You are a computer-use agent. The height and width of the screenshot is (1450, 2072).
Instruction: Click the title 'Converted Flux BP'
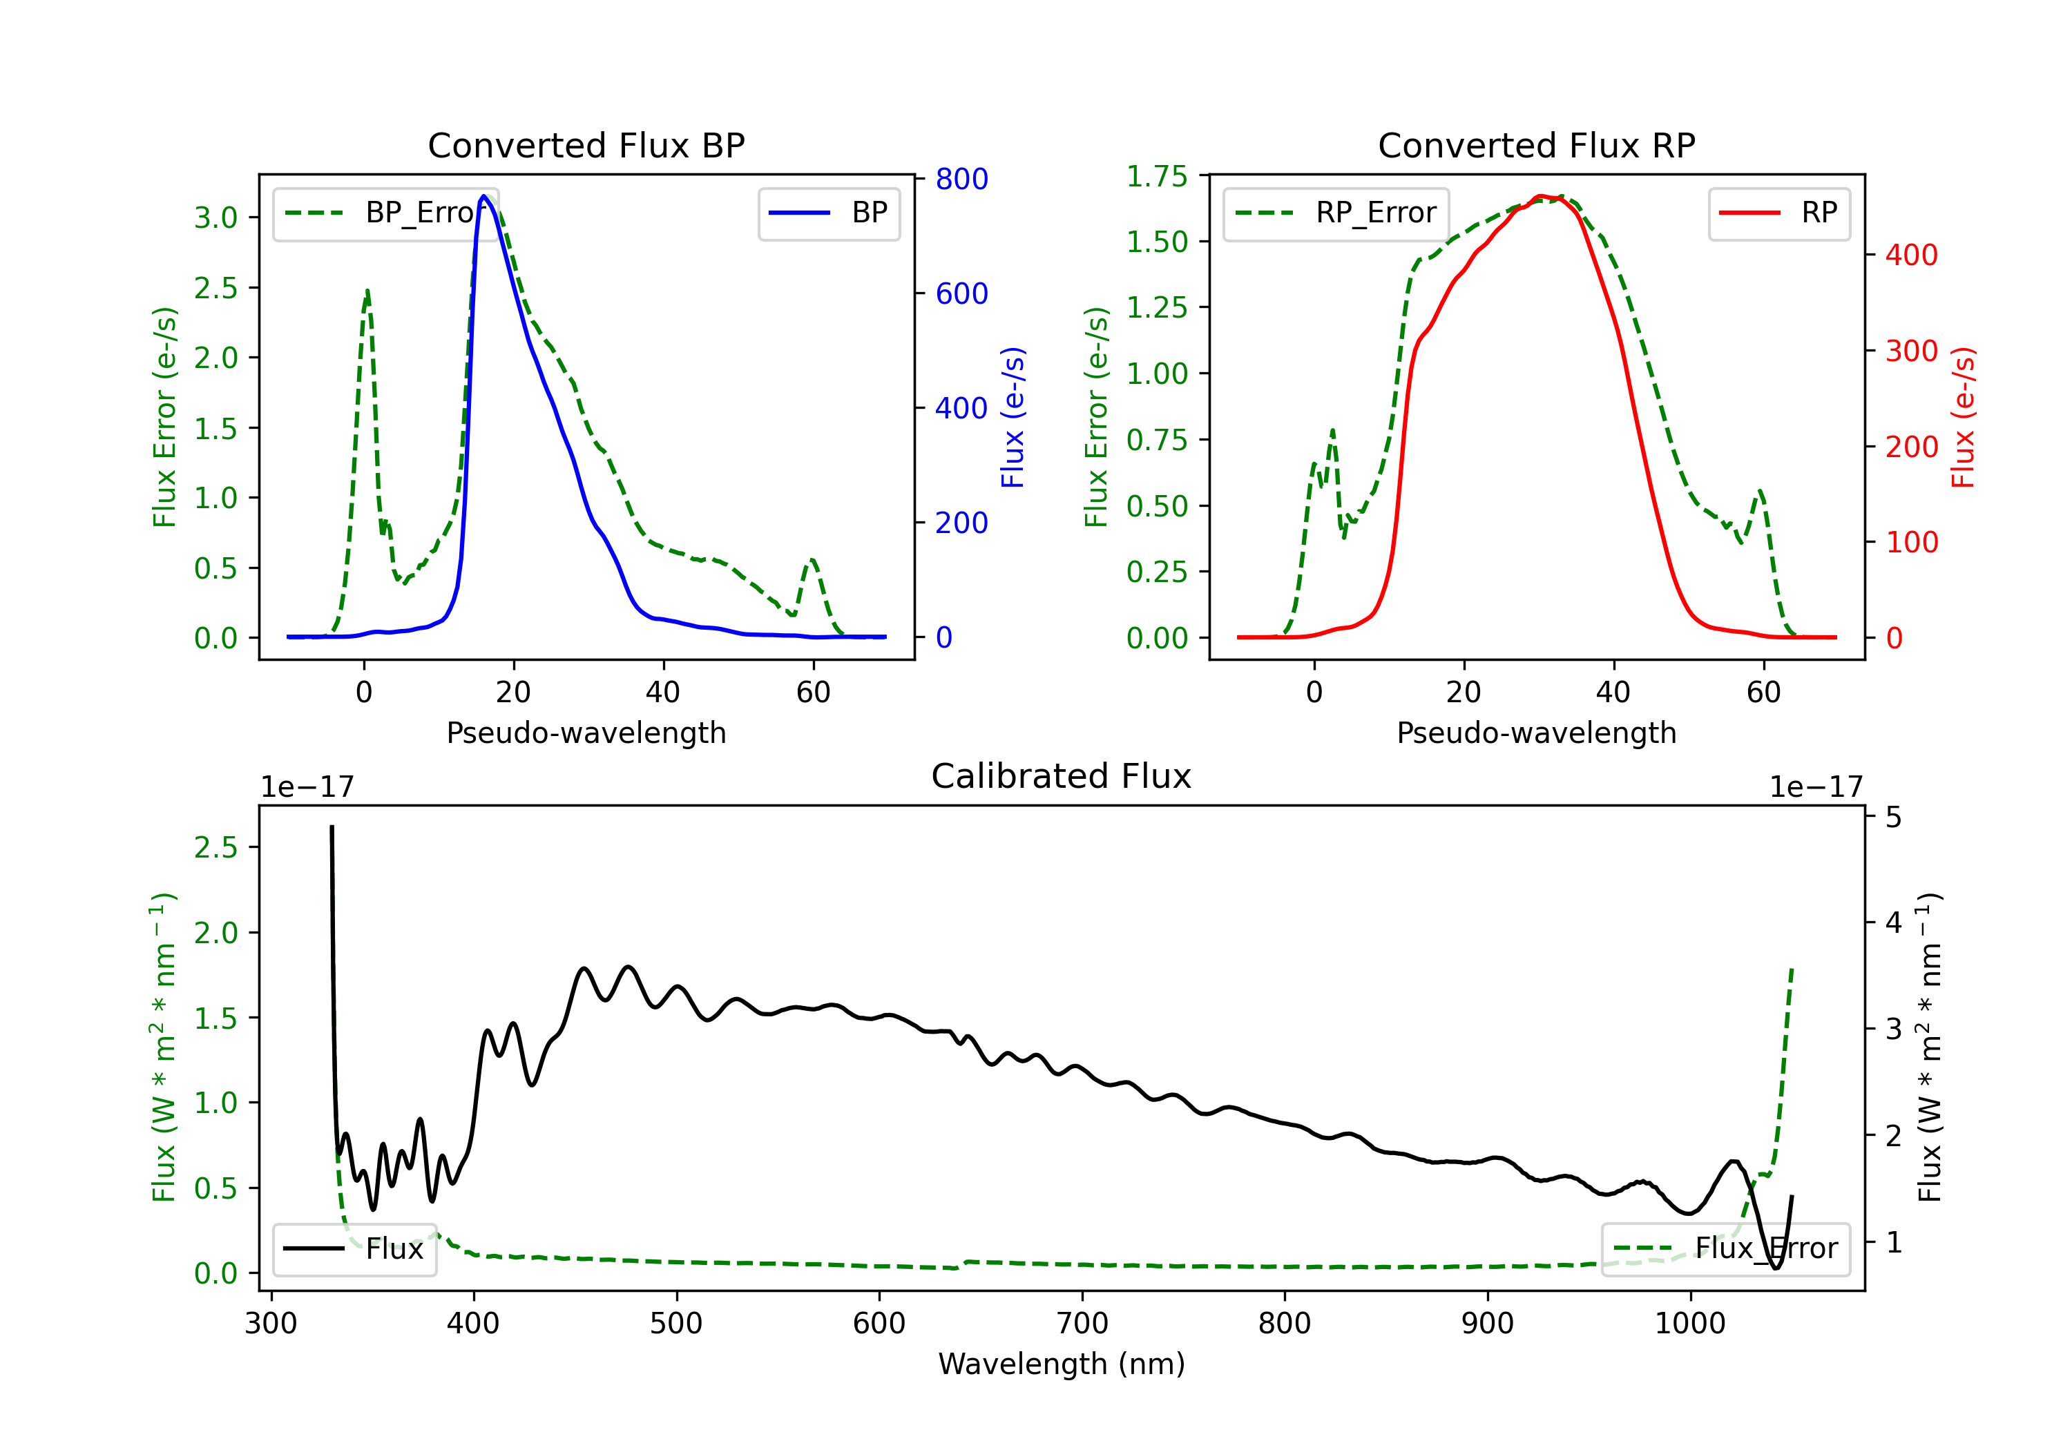coord(586,145)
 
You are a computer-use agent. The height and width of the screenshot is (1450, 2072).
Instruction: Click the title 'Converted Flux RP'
coord(1536,145)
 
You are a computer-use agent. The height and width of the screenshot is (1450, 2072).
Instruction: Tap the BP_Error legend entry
coord(385,213)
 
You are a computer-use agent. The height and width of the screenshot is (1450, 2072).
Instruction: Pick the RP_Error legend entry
coord(1336,213)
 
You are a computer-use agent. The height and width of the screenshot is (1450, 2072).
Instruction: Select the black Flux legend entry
coord(355,1249)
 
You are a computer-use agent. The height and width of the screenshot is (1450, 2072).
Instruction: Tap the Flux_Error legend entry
coord(1725,1249)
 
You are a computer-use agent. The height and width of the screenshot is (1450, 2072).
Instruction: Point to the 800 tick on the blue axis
coord(961,179)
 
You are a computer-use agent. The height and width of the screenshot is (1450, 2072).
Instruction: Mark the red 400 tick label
coord(1911,255)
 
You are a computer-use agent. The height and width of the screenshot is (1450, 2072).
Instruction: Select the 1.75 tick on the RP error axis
coord(1157,176)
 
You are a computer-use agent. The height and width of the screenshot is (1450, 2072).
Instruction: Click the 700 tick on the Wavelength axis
coord(1082,1324)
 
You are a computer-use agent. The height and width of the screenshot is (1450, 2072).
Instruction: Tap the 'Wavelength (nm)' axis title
coord(1062,1364)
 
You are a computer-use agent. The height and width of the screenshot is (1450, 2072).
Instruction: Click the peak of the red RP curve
coord(1540,195)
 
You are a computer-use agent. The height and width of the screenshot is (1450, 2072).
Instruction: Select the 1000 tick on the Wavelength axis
coord(1689,1324)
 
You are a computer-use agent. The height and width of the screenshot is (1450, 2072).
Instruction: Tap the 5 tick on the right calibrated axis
coord(1893,818)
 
